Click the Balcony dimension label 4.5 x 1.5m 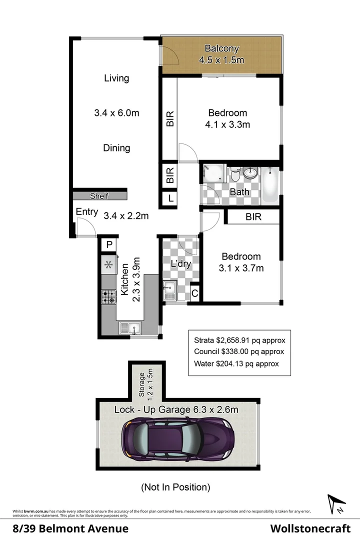222,60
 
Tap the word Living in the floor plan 116,78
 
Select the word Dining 116,148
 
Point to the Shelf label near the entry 98,196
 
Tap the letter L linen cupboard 170,198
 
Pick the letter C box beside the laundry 194,294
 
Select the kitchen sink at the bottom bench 130,328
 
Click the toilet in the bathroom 235,175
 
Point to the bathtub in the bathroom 270,183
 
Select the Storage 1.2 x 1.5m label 145,383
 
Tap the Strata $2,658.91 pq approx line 239,340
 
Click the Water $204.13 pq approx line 236,364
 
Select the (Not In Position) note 175,486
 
